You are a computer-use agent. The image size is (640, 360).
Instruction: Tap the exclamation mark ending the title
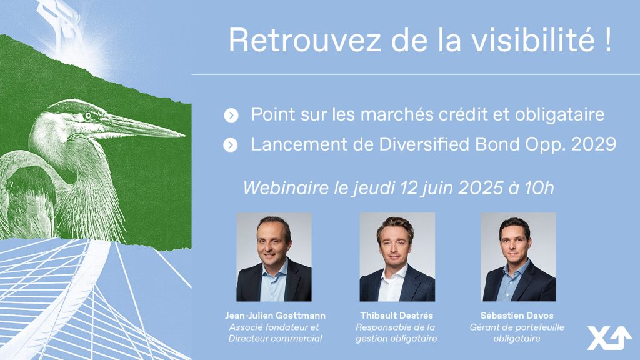tap(608, 39)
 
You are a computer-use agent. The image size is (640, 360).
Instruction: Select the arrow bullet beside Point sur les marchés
tap(231, 116)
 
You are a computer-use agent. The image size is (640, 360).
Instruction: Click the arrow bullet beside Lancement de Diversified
tap(231, 145)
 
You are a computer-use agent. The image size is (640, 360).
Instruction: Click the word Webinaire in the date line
tap(286, 187)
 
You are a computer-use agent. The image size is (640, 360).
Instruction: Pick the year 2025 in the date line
tap(481, 187)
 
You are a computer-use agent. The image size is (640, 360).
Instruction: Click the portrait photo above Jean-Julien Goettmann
tap(274, 257)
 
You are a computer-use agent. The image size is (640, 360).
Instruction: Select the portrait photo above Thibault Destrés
tap(397, 257)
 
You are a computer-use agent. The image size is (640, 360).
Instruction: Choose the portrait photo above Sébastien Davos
tap(518, 257)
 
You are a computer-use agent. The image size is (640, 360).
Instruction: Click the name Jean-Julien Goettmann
tap(276, 316)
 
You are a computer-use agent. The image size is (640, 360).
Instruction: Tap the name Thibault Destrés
tap(397, 316)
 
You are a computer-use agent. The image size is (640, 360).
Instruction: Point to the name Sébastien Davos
tap(517, 316)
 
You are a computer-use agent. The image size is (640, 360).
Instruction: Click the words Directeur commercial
tap(276, 338)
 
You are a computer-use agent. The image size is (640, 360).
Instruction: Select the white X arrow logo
tap(610, 338)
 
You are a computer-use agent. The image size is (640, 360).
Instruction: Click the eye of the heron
tap(87, 116)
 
